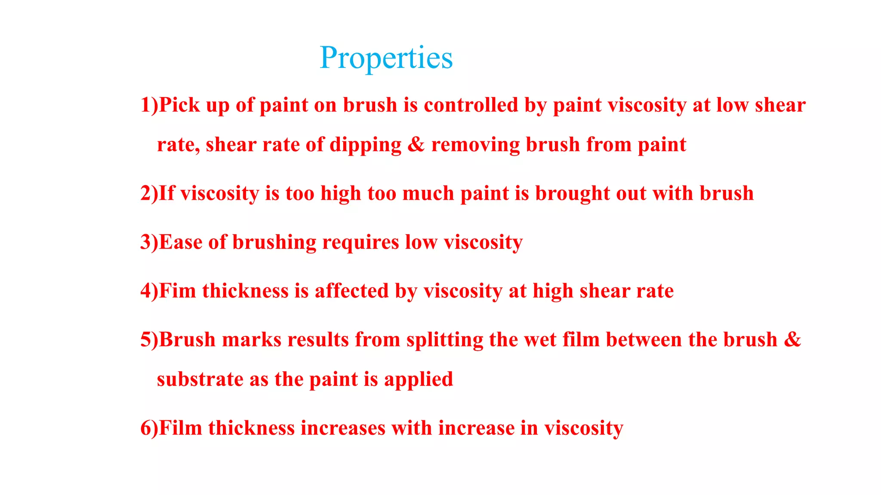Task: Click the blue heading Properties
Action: click(x=386, y=58)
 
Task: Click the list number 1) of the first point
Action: click(x=149, y=105)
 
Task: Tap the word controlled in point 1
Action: click(x=471, y=105)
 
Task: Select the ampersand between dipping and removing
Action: click(x=416, y=145)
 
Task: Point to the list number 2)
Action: click(x=149, y=193)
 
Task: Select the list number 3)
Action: click(x=149, y=242)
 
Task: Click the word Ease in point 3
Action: click(x=181, y=242)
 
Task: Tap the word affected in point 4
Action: click(x=351, y=291)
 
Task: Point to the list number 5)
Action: click(x=149, y=340)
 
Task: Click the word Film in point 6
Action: click(x=181, y=428)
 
